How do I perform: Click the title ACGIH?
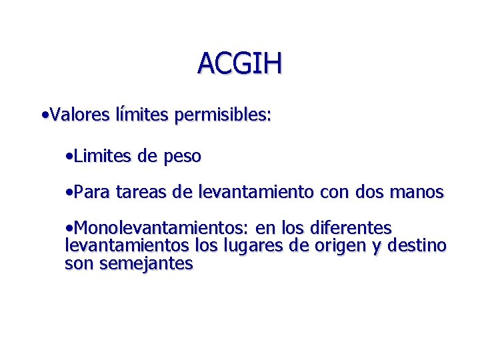point(240,63)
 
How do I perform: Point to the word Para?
point(92,193)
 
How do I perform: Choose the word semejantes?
point(146,263)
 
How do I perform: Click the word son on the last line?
point(79,263)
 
